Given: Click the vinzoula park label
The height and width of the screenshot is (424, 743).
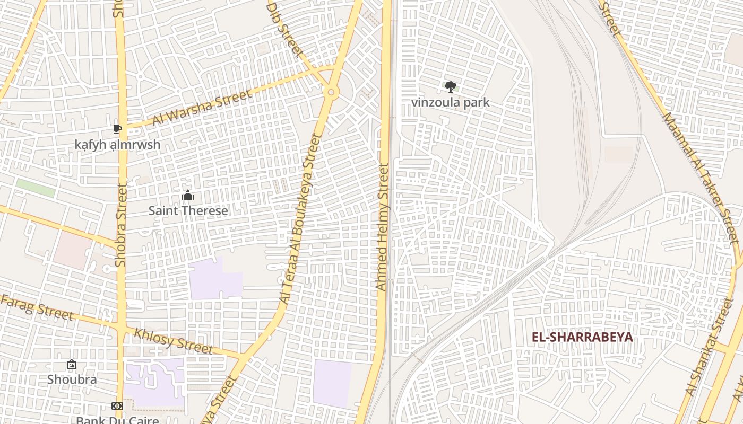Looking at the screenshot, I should [x=450, y=102].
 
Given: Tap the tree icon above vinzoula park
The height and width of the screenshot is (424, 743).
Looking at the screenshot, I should [x=450, y=86].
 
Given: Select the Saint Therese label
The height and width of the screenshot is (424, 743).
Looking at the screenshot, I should [x=188, y=210].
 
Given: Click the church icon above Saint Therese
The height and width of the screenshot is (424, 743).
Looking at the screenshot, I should [x=188, y=196].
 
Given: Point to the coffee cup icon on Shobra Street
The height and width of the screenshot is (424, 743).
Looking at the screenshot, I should [x=117, y=129].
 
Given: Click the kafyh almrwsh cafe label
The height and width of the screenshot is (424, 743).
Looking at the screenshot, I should [x=117, y=145].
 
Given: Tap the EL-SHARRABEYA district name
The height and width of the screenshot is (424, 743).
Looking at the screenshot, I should [x=582, y=337].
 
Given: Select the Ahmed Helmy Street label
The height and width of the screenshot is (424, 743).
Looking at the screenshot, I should [x=383, y=227].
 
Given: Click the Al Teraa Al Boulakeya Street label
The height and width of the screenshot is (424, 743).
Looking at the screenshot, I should [x=300, y=218].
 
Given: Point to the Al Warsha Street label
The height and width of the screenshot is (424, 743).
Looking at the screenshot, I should [x=201, y=108].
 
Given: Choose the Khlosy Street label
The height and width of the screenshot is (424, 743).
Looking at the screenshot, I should [x=173, y=341].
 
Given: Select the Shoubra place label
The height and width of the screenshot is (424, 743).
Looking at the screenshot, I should [x=72, y=379].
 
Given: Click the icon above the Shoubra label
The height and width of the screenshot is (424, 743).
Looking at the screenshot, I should [x=72, y=364].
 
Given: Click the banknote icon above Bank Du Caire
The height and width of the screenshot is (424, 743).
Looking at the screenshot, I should [x=117, y=406].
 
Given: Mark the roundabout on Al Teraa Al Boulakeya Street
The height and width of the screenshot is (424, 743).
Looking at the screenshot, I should [x=331, y=92].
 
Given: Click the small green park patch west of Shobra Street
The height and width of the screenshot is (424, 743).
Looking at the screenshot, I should [x=36, y=188].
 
